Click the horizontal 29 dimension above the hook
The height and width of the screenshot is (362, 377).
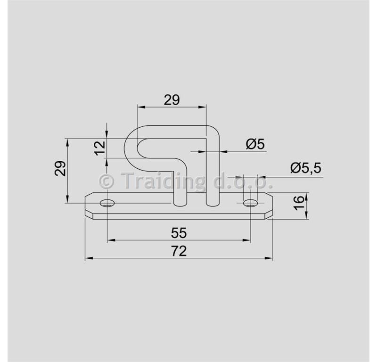point(172,100)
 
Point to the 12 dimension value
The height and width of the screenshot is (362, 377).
point(100,148)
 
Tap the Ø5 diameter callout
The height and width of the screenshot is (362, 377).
point(255,144)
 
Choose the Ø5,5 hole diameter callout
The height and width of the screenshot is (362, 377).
point(306,168)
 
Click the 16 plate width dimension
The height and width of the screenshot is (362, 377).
point(299,203)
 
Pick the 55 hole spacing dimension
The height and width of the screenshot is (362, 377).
point(179,233)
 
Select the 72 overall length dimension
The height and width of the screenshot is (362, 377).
point(179,251)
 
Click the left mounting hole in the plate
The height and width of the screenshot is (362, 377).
point(107,203)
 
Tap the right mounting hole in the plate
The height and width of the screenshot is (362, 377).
point(251,203)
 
